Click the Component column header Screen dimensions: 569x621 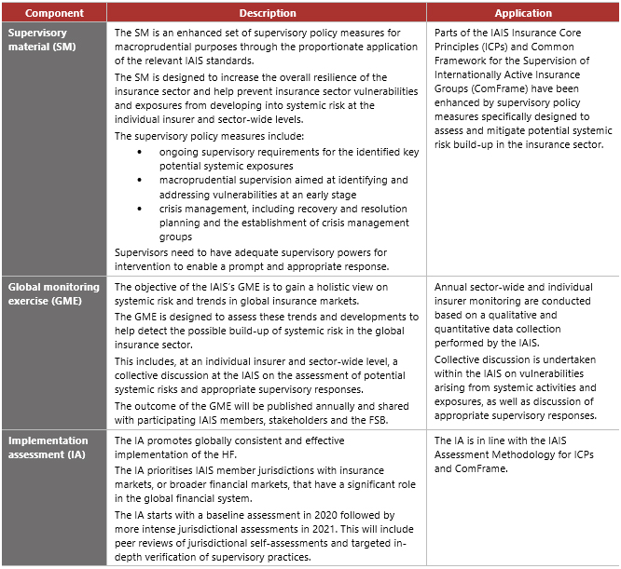click(54, 13)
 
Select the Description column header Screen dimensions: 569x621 click(268, 13)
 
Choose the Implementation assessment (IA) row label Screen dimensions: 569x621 click(48, 447)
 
